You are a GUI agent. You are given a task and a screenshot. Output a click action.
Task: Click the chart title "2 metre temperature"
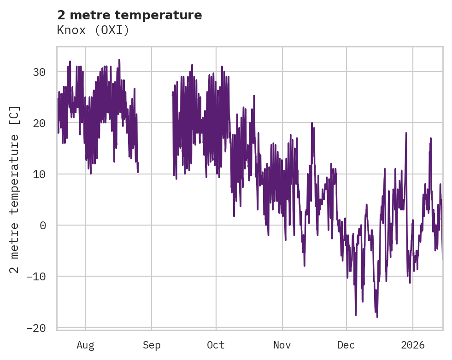pos(129,15)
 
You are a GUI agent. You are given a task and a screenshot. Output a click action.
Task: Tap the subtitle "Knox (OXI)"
pos(93,30)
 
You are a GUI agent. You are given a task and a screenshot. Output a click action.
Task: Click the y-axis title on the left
pos(15,190)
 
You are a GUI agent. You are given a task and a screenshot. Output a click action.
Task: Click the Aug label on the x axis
pos(86,345)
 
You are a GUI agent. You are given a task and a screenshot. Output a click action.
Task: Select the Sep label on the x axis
pos(152,345)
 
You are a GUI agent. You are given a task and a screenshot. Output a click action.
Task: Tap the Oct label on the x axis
pos(216,345)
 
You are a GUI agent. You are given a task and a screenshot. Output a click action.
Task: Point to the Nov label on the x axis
pos(282,345)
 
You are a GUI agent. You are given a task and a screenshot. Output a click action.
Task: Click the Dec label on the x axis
pos(346,345)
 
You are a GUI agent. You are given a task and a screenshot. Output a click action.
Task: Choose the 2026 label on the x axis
pos(412,345)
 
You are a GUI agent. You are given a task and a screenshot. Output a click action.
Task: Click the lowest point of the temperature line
pos(377,317)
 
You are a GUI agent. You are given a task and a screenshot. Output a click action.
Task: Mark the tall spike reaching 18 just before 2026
pos(406,133)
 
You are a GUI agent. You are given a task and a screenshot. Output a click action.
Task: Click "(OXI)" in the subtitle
pos(111,30)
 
